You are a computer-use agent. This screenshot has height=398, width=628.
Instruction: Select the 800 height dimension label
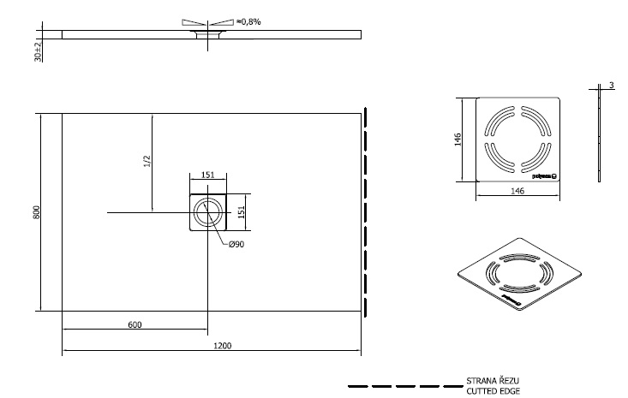coord(37,211)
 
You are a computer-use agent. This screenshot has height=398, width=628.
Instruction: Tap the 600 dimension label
coord(135,324)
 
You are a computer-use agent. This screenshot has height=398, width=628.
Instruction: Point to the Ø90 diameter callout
coord(236,246)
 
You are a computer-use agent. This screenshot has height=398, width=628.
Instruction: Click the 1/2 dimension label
coord(147,161)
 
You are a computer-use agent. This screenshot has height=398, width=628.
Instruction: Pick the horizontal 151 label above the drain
coord(207,175)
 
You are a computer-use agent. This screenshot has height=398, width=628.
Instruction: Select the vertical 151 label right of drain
coord(242,211)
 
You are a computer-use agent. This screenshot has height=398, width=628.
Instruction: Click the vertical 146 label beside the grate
coord(458,139)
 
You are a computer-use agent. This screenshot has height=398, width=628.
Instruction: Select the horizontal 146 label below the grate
coord(517,192)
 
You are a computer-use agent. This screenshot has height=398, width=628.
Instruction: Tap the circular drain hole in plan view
coord(207,212)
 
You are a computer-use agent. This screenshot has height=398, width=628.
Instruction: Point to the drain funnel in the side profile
coord(207,35)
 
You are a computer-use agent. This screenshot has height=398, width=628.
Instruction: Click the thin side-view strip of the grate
coord(600,137)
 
